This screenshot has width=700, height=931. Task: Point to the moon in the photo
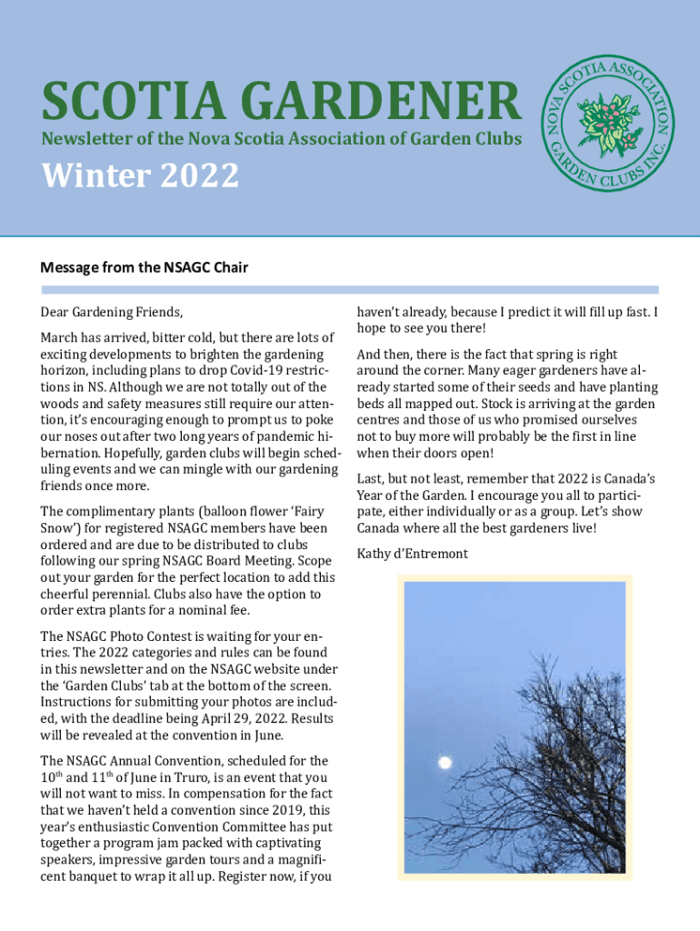point(445,762)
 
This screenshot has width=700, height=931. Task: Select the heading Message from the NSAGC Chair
point(144,267)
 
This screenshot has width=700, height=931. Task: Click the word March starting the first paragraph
point(60,338)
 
